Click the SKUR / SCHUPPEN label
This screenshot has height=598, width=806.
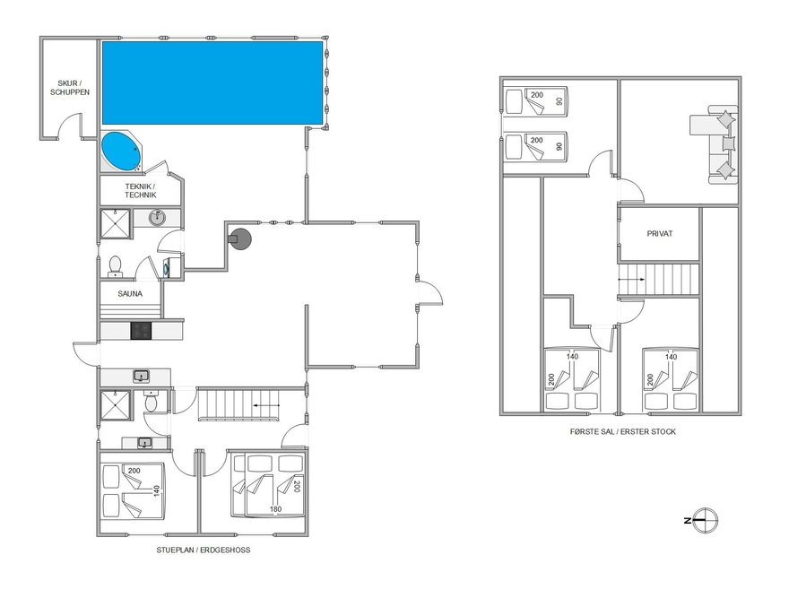pos(70,87)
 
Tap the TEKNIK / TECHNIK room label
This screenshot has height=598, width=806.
pos(141,191)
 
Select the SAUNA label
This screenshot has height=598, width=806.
pos(130,294)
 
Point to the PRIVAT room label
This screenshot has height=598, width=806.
pos(660,233)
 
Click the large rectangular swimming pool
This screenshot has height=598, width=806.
pos(212,82)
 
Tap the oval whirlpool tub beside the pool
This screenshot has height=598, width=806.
pos(122,152)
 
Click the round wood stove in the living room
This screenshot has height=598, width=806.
pos(239,239)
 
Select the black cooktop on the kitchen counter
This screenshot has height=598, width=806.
pos(141,331)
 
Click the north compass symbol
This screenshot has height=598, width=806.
pos(706,520)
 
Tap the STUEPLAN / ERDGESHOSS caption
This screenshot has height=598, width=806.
pos(204,550)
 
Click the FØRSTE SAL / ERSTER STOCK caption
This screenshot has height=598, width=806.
pos(623,432)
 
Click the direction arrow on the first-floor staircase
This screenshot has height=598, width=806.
pos(631,279)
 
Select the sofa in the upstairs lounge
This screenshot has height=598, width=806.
pos(715,144)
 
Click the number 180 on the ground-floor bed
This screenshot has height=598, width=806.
pos(275,509)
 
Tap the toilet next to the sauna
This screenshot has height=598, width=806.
pos(115,266)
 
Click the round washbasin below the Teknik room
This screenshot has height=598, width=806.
pos(157,218)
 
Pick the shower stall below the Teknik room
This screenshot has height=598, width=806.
pos(115,223)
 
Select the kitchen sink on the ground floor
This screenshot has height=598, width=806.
pos(142,377)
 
